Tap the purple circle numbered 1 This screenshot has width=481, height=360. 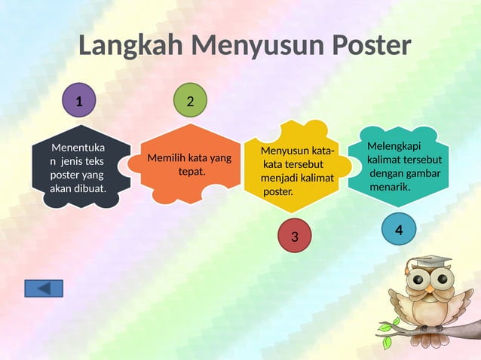pyautogui.click(x=79, y=100)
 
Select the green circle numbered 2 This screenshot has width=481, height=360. pyautogui.click(x=190, y=100)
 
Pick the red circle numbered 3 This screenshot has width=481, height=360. pyautogui.click(x=295, y=236)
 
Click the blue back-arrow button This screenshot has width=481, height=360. pyautogui.click(x=44, y=288)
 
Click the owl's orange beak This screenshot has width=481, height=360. pyautogui.click(x=429, y=288)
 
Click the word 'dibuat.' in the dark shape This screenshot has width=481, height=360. pyautogui.click(x=90, y=188)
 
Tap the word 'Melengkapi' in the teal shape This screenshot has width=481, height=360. pyautogui.click(x=394, y=146)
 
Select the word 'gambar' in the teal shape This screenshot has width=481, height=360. pyautogui.click(x=424, y=174)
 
